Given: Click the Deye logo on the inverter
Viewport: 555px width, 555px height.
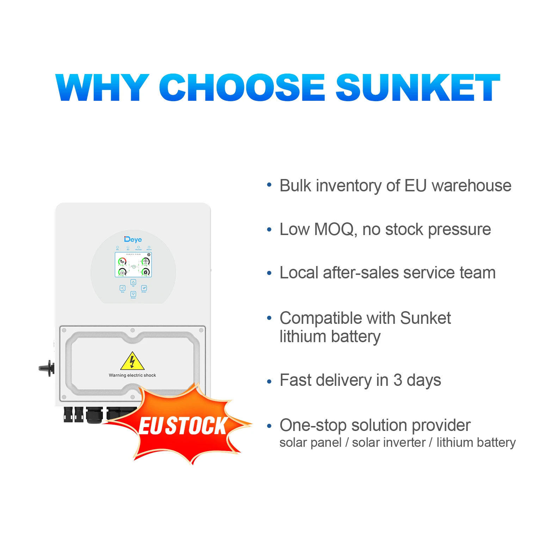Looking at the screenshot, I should point(133,240).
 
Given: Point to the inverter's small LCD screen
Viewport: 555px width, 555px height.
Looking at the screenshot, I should point(133,265).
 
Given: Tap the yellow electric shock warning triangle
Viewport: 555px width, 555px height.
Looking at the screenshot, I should point(132,361).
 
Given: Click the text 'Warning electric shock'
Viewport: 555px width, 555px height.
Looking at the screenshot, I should point(132,375).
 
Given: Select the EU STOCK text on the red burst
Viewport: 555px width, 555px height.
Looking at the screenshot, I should point(183,426).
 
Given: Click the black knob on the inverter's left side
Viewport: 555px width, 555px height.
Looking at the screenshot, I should point(47,368).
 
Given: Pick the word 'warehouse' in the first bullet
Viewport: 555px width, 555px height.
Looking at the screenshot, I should point(471,186).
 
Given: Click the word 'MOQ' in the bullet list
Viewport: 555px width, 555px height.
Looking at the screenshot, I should point(334,229).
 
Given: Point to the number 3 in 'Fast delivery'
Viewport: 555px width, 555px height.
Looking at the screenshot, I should point(397,380).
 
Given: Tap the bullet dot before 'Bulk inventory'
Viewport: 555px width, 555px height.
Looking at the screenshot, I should point(269,184).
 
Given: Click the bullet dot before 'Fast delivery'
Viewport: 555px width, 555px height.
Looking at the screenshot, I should point(269,381).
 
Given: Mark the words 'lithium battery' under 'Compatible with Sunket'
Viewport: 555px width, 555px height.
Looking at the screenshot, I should point(330,337).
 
